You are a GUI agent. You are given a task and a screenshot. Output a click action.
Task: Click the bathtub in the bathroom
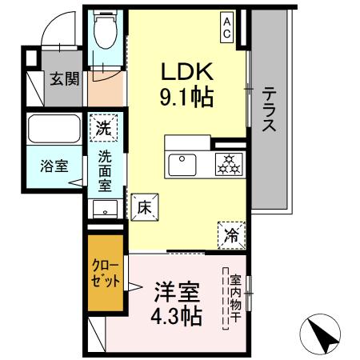[x=54, y=130]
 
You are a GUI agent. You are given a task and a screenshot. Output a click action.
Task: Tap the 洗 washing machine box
[x=105, y=126]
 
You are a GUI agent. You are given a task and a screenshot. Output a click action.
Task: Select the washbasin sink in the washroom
[x=104, y=210]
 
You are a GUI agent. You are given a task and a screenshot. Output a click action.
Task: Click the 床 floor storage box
[x=144, y=206]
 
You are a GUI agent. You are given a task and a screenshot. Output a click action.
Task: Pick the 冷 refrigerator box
[x=230, y=234]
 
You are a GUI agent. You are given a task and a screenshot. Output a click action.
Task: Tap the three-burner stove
[x=230, y=164]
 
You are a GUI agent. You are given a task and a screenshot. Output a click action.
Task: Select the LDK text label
[x=184, y=70]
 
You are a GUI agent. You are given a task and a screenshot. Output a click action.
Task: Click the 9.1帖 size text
[x=184, y=98]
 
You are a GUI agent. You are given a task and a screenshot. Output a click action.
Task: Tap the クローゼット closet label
[x=106, y=273]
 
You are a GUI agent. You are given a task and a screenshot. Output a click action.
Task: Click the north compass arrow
[x=322, y=331]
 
